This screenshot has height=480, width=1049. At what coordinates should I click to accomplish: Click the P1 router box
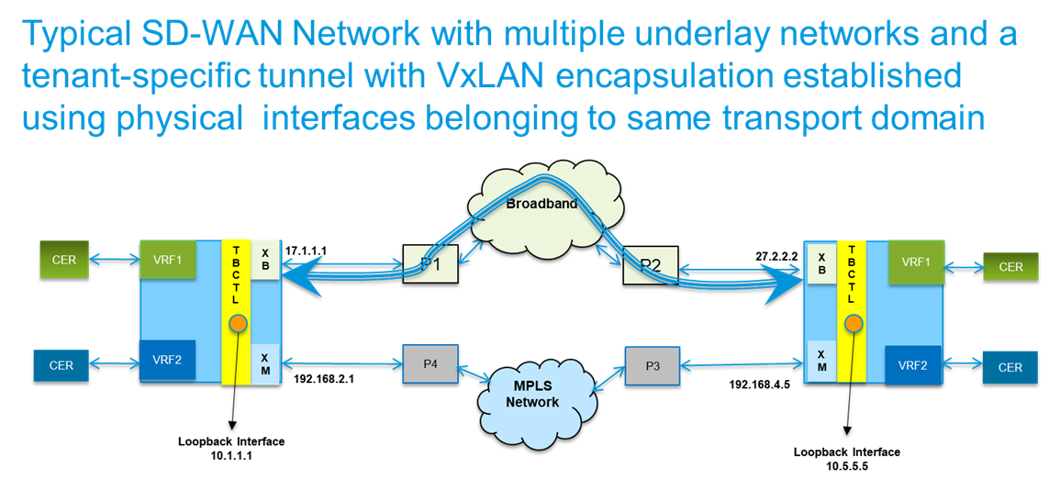click(430, 263)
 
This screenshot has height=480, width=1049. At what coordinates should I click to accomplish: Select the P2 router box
click(651, 263)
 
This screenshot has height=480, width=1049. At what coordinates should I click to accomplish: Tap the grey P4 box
click(430, 364)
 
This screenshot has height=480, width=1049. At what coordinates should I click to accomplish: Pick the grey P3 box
click(653, 364)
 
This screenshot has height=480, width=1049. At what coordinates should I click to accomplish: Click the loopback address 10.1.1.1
click(231, 453)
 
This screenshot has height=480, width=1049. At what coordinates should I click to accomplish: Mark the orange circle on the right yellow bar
click(853, 325)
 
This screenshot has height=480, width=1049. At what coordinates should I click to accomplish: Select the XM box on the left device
click(266, 364)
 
